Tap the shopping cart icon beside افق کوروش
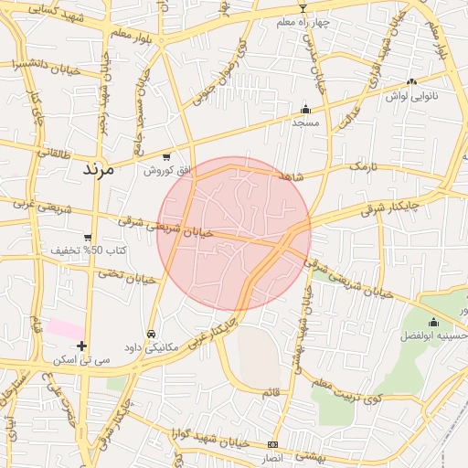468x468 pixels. tap(165, 156)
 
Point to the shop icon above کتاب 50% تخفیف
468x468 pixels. tap(87, 238)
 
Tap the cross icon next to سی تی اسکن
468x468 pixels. tap(83, 346)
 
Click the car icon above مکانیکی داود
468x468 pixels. tap(151, 334)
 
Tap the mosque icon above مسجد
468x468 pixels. tap(305, 110)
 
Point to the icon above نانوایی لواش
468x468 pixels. tap(411, 81)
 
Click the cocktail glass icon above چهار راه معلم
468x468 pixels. tap(303, 8)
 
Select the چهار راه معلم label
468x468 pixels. tap(303, 22)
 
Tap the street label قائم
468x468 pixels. tap(271, 392)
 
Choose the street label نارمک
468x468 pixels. tap(363, 167)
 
